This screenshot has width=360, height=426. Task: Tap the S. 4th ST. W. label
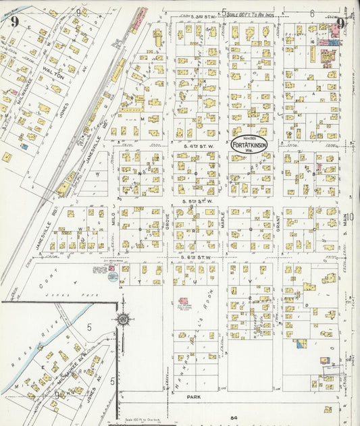tap(197, 145)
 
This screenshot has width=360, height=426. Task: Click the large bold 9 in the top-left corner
tap(14, 21)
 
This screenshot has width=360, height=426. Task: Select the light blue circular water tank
tap(112, 276)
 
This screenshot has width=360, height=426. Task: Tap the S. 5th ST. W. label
tap(197, 201)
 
